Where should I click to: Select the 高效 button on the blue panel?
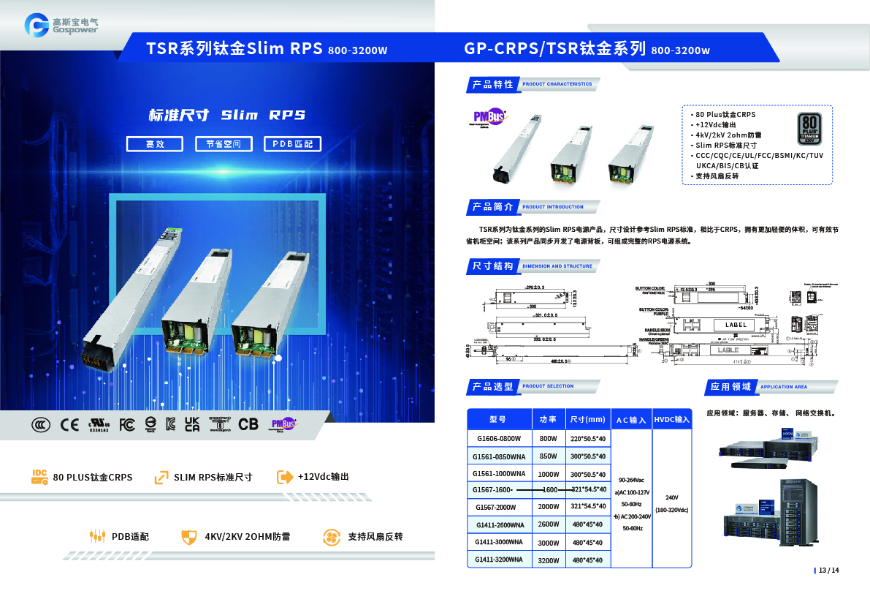(x=155, y=144)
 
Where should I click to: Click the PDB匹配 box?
(x=292, y=144)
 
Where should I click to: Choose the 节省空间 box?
(x=224, y=144)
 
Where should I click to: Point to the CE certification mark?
(x=69, y=424)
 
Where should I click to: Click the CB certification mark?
(x=248, y=424)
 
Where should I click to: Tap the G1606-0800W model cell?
(x=498, y=439)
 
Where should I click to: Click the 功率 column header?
(x=548, y=420)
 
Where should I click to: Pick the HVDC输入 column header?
(x=672, y=420)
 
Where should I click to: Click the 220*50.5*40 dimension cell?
(x=587, y=439)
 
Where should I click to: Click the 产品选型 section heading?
(x=492, y=386)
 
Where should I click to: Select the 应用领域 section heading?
(x=730, y=386)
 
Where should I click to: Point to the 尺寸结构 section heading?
(x=492, y=266)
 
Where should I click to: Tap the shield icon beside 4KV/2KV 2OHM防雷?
(x=189, y=537)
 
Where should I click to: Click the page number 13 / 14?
(x=829, y=571)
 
